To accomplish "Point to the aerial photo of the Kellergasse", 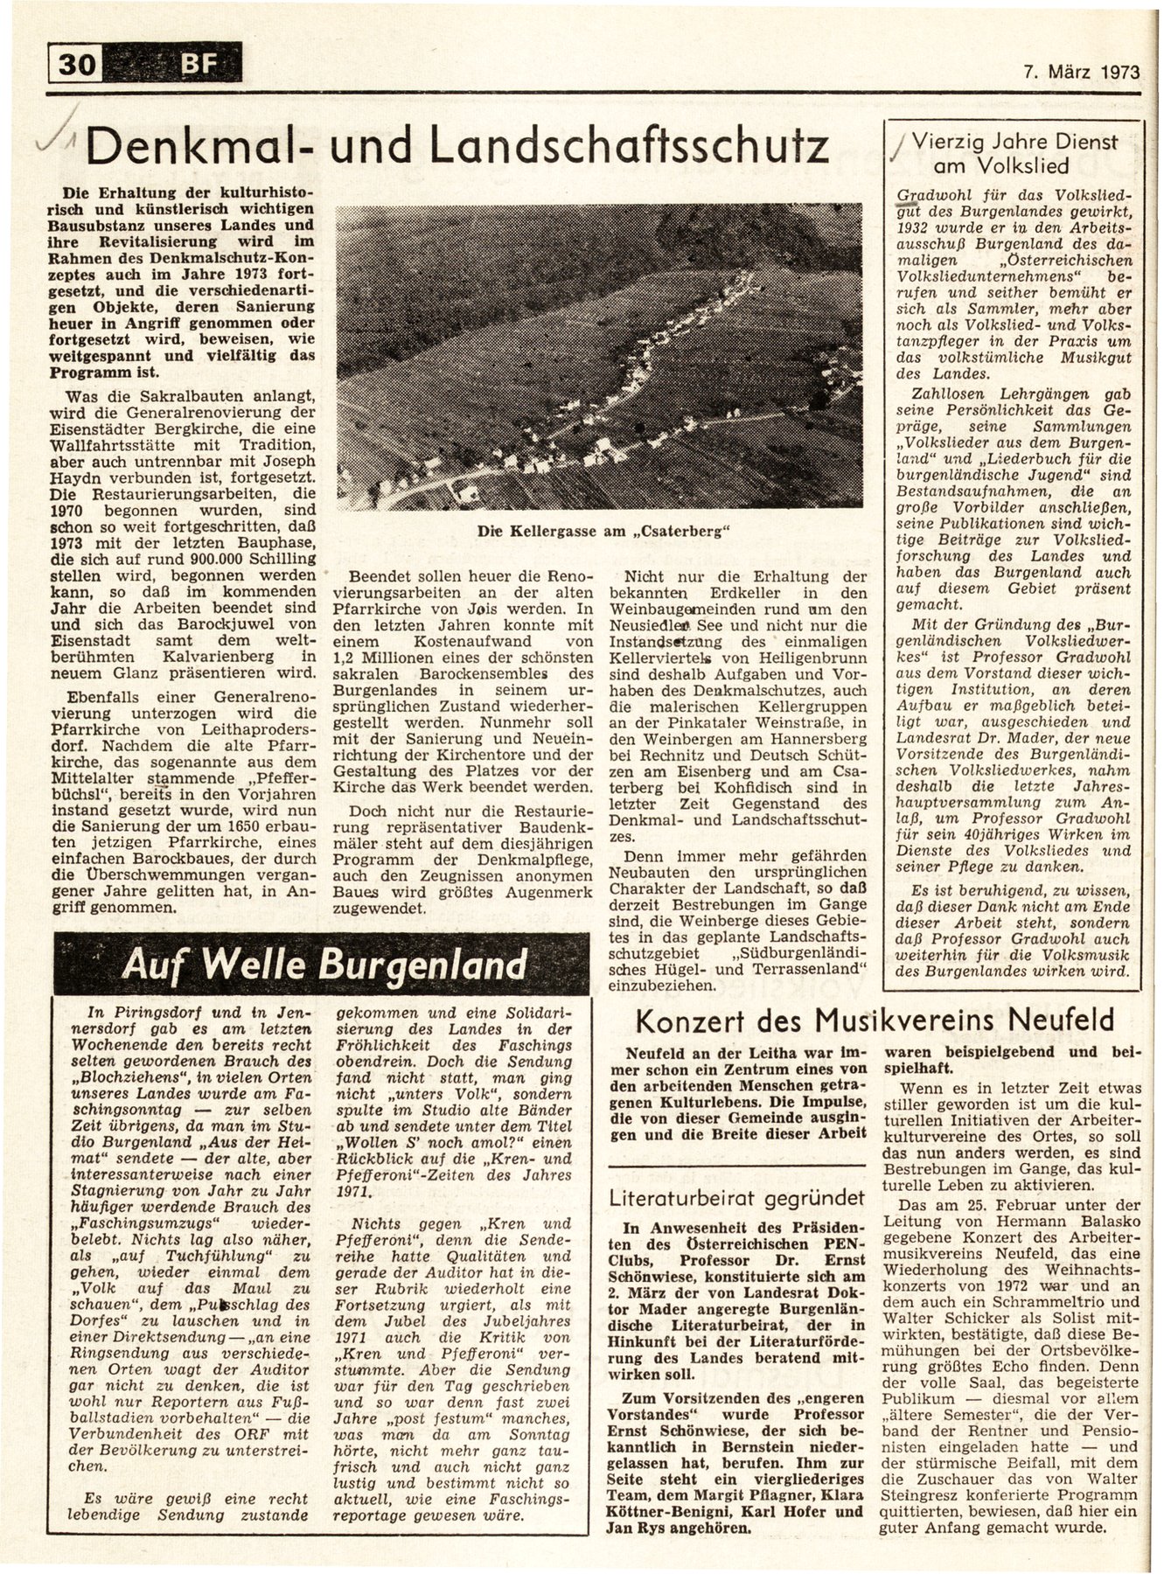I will pos(598,357).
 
